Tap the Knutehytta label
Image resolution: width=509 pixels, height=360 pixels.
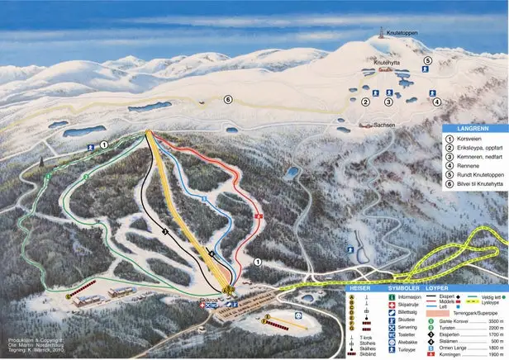[x=386, y=63]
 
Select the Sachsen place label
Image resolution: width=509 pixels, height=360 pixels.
[x=384, y=124]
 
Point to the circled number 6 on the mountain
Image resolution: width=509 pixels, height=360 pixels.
[x=228, y=99]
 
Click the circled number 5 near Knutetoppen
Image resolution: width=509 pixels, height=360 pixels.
[x=427, y=60]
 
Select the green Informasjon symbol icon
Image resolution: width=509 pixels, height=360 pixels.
[x=391, y=298]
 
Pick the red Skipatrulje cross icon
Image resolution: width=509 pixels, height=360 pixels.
[x=391, y=306]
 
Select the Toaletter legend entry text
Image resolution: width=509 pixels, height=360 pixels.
[x=409, y=334]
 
